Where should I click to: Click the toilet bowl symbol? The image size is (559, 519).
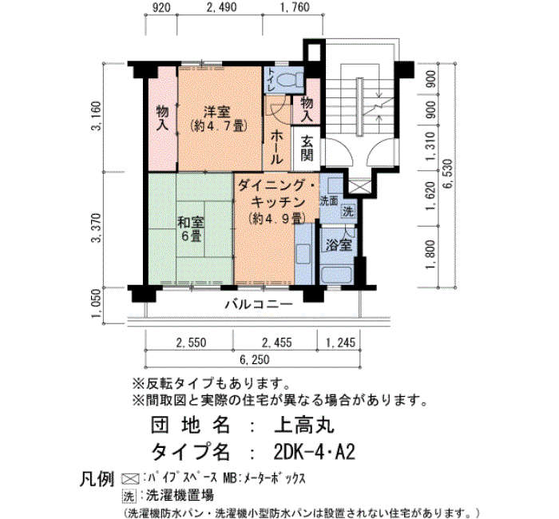point(289,80)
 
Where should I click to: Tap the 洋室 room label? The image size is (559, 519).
point(217,112)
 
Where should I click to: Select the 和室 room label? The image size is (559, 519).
point(191,223)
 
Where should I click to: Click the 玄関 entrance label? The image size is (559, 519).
point(306,149)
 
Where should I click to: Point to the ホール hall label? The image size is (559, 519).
point(276,147)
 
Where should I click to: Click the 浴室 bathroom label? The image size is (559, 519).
point(339,245)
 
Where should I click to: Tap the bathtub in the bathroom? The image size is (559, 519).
point(337,275)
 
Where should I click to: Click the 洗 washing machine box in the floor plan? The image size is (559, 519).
point(348,212)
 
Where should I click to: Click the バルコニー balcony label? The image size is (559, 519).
point(260,304)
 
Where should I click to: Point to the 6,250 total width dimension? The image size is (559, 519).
point(254,359)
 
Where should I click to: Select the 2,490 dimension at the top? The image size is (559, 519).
point(221,7)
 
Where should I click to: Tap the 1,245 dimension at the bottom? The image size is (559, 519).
point(340,343)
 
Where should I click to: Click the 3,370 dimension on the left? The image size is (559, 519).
point(97,228)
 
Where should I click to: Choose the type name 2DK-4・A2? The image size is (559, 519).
point(314,453)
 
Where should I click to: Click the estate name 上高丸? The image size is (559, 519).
point(303,425)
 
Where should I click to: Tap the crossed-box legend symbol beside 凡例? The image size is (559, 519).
point(130,478)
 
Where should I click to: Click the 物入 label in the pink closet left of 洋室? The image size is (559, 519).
point(163,118)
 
